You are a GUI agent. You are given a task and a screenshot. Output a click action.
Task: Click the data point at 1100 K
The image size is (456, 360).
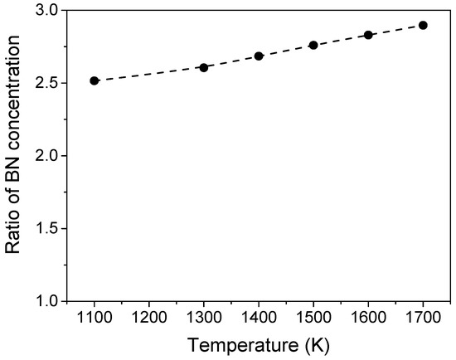95,80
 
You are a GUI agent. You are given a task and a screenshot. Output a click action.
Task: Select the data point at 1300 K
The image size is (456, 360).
204,67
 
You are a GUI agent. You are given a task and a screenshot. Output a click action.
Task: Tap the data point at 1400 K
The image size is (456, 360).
259,56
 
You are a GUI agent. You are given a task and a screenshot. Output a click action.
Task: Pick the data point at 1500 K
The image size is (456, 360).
313,45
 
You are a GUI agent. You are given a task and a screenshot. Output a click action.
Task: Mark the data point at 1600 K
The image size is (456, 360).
368,35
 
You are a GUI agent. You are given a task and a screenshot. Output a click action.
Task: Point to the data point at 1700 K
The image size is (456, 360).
423,25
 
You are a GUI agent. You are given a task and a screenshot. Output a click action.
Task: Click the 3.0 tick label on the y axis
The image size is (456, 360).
46,11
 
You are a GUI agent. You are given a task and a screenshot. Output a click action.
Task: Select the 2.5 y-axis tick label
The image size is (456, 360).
46,83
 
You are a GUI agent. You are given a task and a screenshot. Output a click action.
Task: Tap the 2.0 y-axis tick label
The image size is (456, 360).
46,156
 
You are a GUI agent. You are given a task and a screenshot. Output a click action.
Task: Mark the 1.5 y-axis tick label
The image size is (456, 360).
46,228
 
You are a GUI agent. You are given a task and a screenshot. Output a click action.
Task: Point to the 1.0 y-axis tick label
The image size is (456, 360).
46,300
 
